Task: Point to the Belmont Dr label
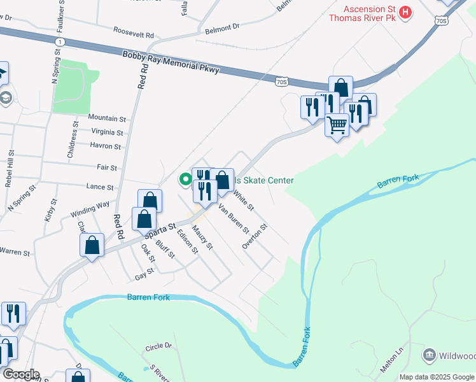point(221,27)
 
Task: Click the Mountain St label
point(107,118)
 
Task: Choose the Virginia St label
point(107,132)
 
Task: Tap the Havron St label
point(105,146)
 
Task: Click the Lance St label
point(100,188)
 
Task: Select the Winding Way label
point(90,209)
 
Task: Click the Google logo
point(21,374)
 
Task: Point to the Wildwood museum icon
point(429,354)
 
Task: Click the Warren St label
point(15,253)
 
